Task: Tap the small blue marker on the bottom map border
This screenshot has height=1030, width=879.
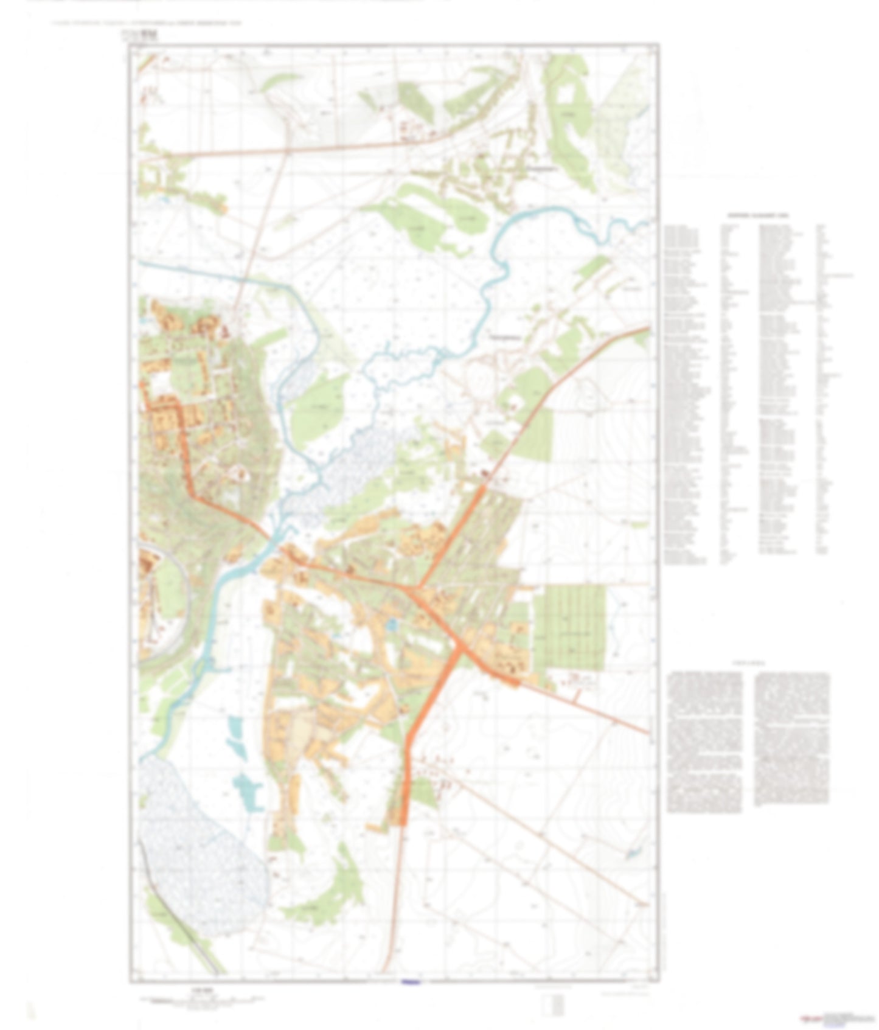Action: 411,981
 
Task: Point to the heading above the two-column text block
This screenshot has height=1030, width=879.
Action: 749,664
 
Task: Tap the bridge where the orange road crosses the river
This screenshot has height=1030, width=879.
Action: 268,538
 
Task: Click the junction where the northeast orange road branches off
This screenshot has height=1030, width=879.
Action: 417,587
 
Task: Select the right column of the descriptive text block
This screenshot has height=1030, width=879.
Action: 791,739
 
